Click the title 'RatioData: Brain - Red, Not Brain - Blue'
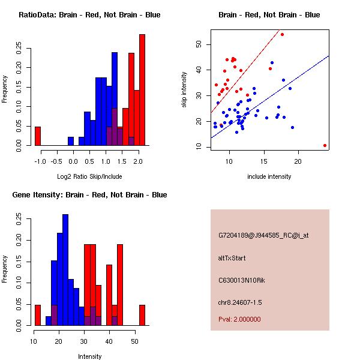click(89, 15)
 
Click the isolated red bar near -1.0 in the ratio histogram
click(37, 136)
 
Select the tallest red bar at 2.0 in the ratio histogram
click(142, 90)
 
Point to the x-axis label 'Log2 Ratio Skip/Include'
click(89, 176)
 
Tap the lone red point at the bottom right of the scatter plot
click(325, 145)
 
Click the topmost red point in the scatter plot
click(282, 35)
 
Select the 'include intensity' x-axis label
click(269, 176)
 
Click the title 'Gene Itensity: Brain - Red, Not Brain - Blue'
click(89, 195)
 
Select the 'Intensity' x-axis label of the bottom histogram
click(89, 356)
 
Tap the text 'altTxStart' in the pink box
click(232, 258)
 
